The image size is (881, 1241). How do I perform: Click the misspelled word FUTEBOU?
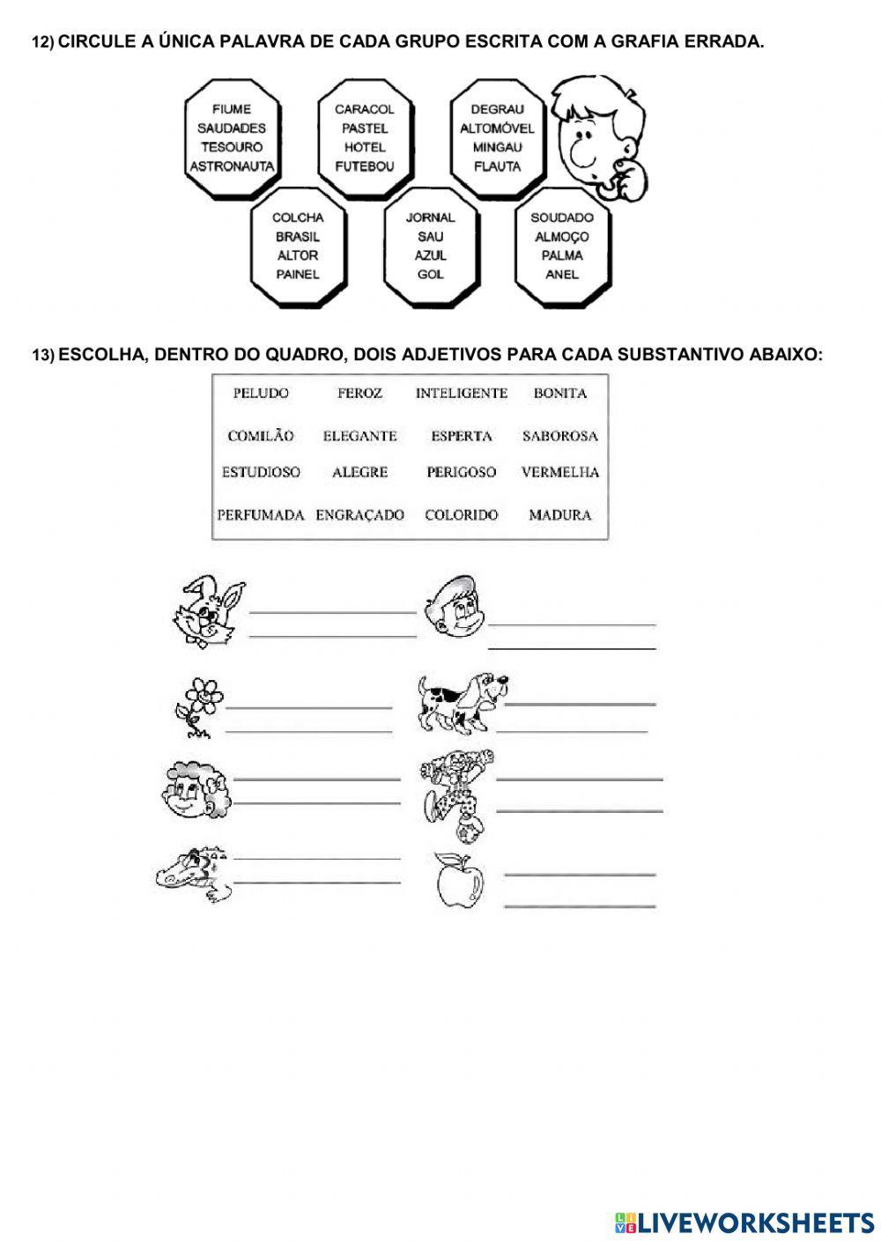(x=364, y=166)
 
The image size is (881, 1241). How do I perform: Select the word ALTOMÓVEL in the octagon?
(x=497, y=129)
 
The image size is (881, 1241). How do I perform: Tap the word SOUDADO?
(x=562, y=218)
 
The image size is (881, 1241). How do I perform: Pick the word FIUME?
(x=232, y=109)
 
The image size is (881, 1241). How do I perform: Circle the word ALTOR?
(x=298, y=255)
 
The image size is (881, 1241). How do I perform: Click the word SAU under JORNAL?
(x=431, y=236)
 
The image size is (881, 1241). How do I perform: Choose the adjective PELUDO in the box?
(x=261, y=394)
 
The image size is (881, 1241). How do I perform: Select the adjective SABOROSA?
(x=559, y=436)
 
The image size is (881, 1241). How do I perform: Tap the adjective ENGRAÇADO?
(x=360, y=515)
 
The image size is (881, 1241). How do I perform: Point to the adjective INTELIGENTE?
(x=462, y=394)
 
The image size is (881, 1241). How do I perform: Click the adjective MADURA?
(x=559, y=515)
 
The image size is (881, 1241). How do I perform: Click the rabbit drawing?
(x=208, y=611)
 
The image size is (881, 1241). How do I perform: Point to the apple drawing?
(x=461, y=880)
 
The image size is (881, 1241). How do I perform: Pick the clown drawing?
(x=455, y=791)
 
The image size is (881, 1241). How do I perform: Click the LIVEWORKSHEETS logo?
(x=744, y=1222)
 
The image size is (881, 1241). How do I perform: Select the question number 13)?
(x=43, y=355)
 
